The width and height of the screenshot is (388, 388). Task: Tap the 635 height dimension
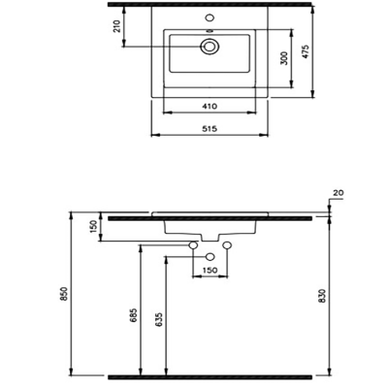point(158,316)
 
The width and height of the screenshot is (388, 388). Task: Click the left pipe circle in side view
point(193,248)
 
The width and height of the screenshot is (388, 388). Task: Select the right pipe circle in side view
point(229,248)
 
